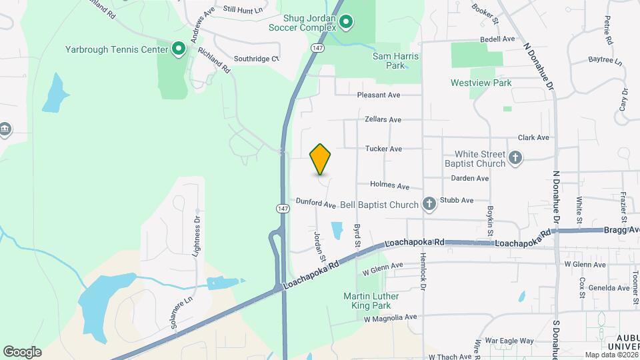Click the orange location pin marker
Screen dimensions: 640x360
(x=321, y=159)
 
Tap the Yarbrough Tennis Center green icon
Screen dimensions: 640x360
(x=178, y=49)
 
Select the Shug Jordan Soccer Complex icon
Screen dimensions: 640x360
(x=346, y=23)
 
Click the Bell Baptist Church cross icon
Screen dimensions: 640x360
(x=430, y=205)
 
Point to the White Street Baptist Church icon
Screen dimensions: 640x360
(x=515, y=158)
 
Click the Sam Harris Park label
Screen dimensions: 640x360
(x=396, y=61)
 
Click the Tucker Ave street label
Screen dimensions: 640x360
(x=383, y=149)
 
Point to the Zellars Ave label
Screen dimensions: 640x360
(x=383, y=120)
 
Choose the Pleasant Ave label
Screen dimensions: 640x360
(x=379, y=95)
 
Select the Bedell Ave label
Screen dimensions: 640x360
(x=498, y=39)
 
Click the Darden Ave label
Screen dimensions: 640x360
(x=470, y=179)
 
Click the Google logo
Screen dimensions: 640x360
(x=22, y=352)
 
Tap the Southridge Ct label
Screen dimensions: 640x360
(x=256, y=59)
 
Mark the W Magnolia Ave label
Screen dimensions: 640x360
(x=390, y=317)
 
